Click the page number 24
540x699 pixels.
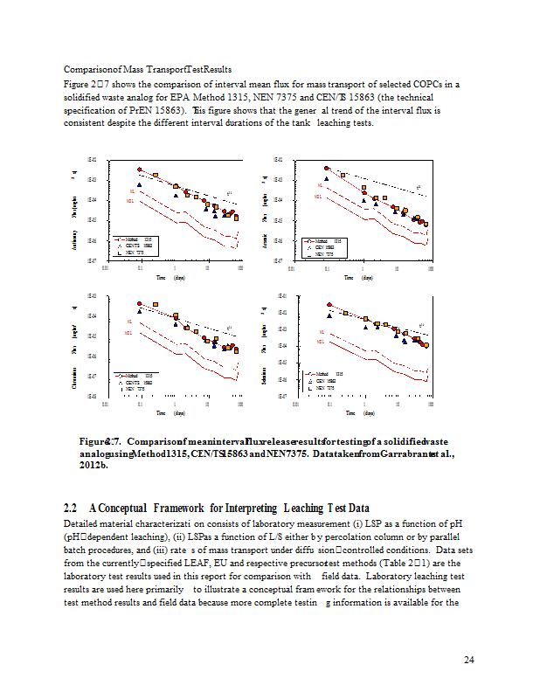[468, 659]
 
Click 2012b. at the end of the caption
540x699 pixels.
[93, 466]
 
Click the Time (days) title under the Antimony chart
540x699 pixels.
[170, 278]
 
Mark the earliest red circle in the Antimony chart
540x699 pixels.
[140, 170]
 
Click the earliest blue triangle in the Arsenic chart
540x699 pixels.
[326, 179]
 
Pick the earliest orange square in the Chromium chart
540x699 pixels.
[156, 304]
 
